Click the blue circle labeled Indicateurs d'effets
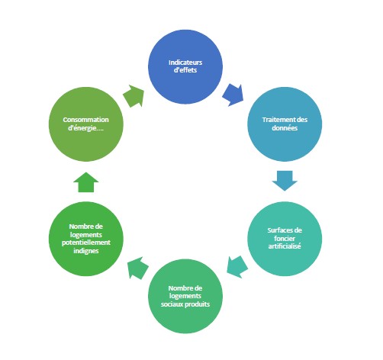pos(185,66)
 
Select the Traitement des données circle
pos(285,124)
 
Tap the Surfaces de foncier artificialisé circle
pos(285,239)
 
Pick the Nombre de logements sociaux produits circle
pos(185,296)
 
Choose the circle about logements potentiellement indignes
pos(86,239)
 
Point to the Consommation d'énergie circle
pos(86,124)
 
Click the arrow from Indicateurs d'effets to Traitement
pos(233,95)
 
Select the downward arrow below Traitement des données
pos(285,181)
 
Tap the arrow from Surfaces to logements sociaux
pos(237,267)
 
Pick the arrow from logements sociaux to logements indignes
pos(138,268)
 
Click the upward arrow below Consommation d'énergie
pos(86,182)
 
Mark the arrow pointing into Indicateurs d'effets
pos(134,96)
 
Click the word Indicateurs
pos(185,63)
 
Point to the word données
pos(285,128)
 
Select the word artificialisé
pos(285,246)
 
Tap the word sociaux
pos(172,304)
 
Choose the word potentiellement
pos(86,243)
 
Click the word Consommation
pos(86,120)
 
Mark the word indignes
pos(86,251)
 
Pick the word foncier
pos(285,238)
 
